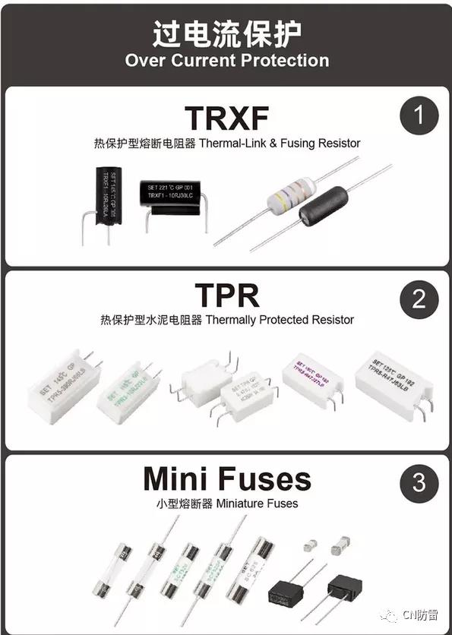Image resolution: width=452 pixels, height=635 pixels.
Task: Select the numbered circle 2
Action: [419, 298]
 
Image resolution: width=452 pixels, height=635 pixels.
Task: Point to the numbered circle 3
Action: [419, 482]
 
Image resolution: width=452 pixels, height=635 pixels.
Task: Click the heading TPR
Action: [226, 295]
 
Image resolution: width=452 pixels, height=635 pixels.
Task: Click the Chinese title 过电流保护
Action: [226, 34]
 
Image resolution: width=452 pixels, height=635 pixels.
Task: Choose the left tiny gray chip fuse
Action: [308, 545]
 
